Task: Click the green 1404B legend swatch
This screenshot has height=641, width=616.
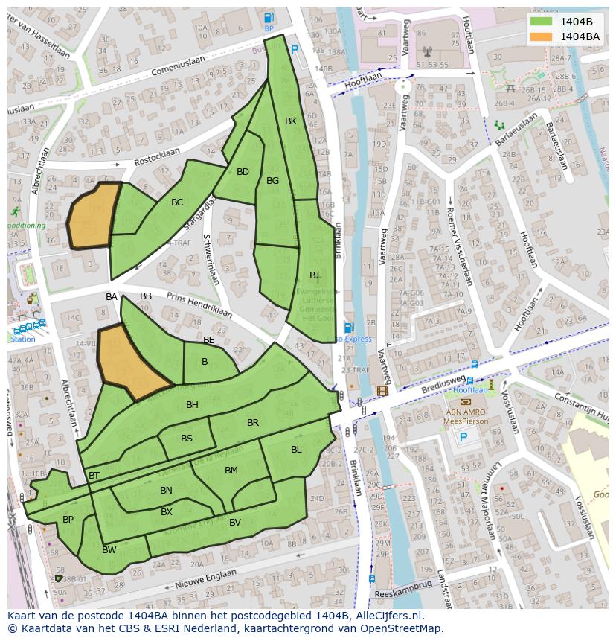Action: click(x=541, y=21)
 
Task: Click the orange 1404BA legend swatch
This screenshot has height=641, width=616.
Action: click(x=541, y=36)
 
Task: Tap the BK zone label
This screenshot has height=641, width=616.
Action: click(x=291, y=121)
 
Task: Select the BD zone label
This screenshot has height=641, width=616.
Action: click(x=243, y=172)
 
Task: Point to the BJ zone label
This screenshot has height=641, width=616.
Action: click(x=314, y=275)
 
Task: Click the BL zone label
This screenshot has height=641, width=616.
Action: click(x=296, y=449)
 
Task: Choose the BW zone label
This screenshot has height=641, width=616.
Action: click(x=109, y=550)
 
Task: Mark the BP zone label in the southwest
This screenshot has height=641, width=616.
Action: click(x=68, y=520)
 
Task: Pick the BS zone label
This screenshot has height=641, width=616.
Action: click(x=186, y=438)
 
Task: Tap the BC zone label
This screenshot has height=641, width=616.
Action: click(x=177, y=202)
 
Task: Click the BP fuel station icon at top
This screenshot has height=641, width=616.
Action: click(x=269, y=18)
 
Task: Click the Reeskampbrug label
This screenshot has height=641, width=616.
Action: click(x=402, y=585)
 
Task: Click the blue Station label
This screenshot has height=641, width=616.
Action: click(x=22, y=339)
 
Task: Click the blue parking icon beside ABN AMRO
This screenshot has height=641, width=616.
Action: click(x=463, y=438)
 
